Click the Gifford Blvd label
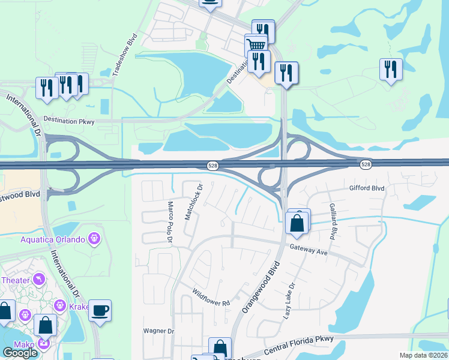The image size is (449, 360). (366, 188)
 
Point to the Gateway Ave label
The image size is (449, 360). (308, 250)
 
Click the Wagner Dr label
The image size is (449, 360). (158, 331)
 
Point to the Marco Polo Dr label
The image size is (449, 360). (170, 222)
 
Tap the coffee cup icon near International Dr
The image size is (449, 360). (100, 310)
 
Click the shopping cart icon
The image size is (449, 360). (256, 43)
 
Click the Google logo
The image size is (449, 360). (20, 353)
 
